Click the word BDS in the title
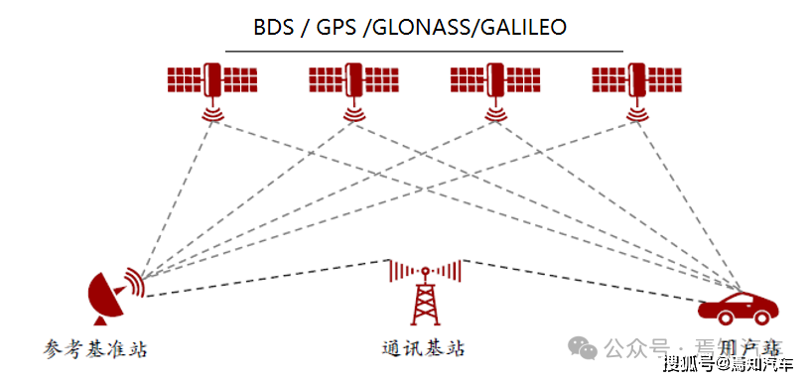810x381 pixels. [273, 27]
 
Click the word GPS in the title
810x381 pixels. [336, 27]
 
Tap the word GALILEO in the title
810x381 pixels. [523, 27]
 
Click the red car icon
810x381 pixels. [736, 307]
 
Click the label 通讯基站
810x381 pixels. [423, 348]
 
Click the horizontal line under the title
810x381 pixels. [424, 50]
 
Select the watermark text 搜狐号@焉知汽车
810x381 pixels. [729, 364]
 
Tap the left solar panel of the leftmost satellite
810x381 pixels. [185, 76]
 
